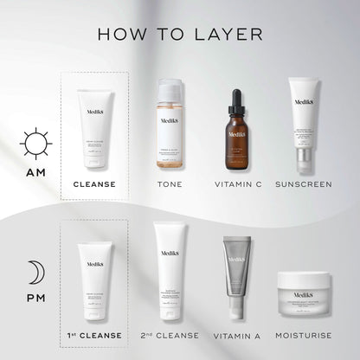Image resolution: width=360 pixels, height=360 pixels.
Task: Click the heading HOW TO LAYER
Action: click(180, 35)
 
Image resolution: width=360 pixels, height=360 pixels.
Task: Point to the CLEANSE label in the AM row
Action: click(95, 184)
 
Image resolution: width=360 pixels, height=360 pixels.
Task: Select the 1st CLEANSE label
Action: click(95, 335)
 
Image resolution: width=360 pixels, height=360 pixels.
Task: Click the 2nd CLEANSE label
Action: click(169, 335)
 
